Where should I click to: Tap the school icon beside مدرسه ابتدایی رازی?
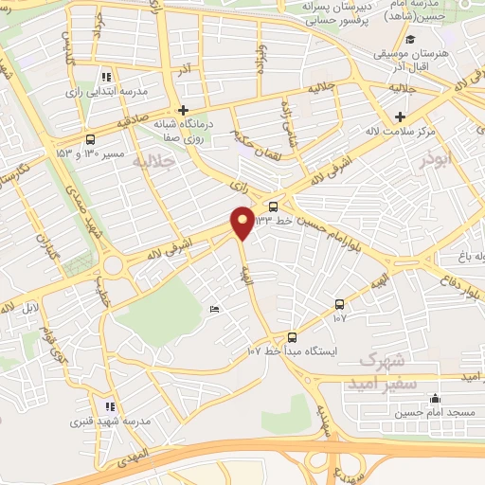105,76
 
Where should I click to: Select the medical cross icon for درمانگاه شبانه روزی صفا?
185,111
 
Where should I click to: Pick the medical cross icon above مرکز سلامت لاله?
401,116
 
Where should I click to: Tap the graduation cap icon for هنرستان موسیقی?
410,39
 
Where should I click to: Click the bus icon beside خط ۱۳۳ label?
273,206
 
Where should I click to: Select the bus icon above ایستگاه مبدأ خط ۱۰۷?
291,336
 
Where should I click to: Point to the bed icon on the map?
214,310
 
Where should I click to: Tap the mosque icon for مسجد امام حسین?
435,399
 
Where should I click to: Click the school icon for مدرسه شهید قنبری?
110,404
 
